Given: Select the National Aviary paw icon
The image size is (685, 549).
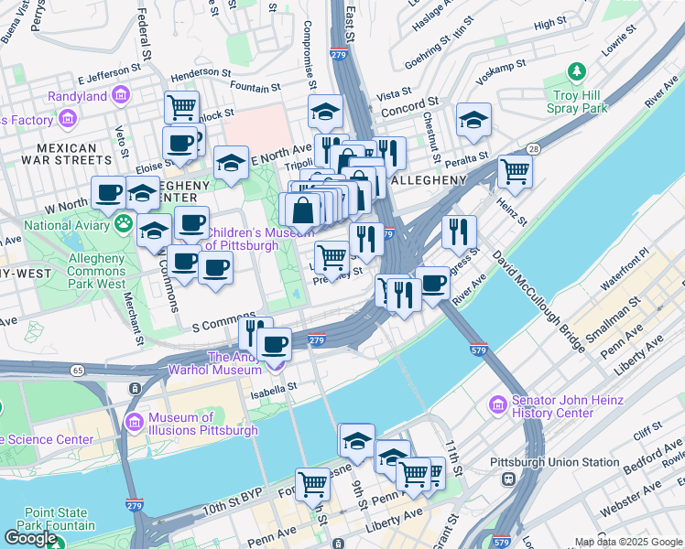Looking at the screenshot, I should coord(123,223).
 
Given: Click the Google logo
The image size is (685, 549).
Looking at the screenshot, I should coord(30,538).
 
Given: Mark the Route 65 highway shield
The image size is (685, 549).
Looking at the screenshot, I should coord(78,370).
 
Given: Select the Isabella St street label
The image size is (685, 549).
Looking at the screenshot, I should coord(274,387).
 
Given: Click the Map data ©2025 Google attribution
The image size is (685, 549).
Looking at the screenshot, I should coord(628,542).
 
